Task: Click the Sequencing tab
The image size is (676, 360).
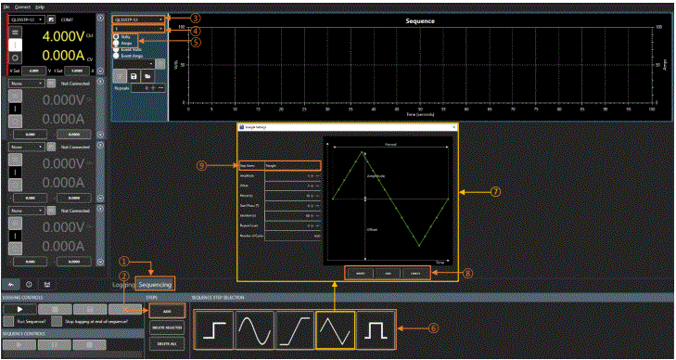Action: pyautogui.click(x=155, y=285)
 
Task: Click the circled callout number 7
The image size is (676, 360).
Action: pyautogui.click(x=495, y=192)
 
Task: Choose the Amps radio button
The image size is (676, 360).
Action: pyautogui.click(x=117, y=43)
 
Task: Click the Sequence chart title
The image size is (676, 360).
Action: pyautogui.click(x=421, y=19)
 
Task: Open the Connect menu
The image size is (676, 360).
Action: pyautogui.click(x=22, y=6)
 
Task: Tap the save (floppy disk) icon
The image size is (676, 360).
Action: pyautogui.click(x=134, y=76)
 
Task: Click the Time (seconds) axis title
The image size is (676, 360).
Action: pyautogui.click(x=421, y=114)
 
